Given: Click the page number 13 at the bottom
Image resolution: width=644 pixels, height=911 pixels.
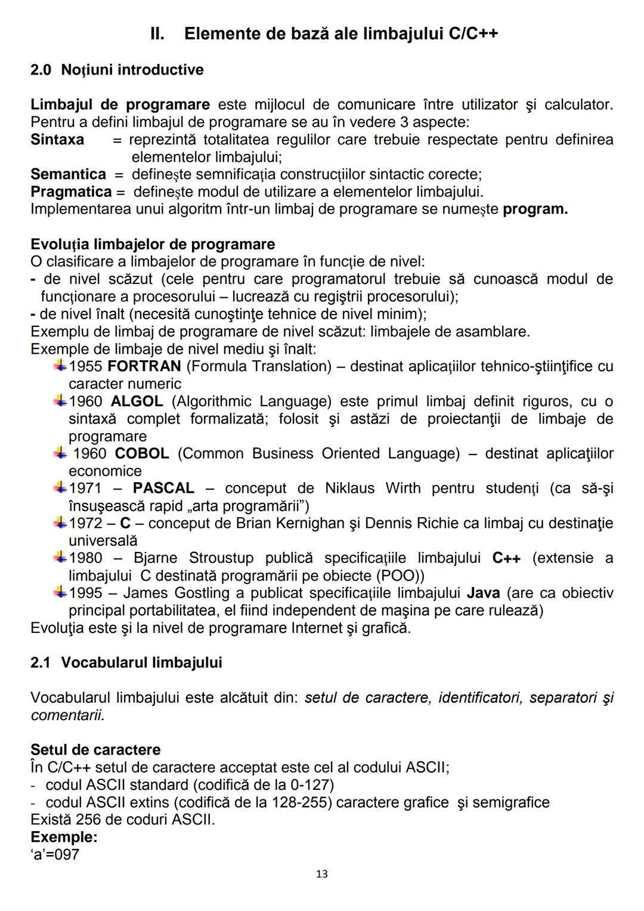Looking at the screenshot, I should point(321,874).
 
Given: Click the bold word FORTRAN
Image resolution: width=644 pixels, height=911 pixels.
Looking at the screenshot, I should point(144,366).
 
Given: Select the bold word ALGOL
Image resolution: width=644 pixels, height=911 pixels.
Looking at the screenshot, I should point(137,402).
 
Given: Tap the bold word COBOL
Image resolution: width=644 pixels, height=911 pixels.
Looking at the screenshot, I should point(142,453).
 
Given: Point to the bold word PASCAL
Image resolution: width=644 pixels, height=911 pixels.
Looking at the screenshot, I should point(163,488).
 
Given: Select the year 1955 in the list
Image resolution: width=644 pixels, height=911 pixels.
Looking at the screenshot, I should point(86,366).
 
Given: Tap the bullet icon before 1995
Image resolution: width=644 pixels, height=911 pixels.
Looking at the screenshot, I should point(60,592).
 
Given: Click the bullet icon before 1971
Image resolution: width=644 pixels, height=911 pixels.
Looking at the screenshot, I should point(60,487).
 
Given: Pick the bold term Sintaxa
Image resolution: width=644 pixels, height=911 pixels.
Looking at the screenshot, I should point(57,140).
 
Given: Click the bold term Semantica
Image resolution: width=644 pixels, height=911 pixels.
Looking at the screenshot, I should point(68,174).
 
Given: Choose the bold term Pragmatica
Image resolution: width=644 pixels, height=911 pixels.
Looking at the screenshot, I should point(71,192).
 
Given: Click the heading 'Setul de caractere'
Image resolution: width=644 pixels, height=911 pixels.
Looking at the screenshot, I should point(95,750).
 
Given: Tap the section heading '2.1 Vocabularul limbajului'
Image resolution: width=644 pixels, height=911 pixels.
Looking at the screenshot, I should point(126,663).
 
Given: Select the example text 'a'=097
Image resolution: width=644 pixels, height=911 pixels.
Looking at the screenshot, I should point(55,854).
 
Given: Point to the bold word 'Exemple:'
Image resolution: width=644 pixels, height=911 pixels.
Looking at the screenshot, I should point(64,836).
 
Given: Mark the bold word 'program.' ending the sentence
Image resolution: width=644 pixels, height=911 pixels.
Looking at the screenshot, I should point(535,209).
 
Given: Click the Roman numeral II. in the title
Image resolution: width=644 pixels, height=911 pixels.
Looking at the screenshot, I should point(157,33).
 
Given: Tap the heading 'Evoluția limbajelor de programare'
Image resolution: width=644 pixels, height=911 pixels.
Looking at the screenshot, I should point(153,245).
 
